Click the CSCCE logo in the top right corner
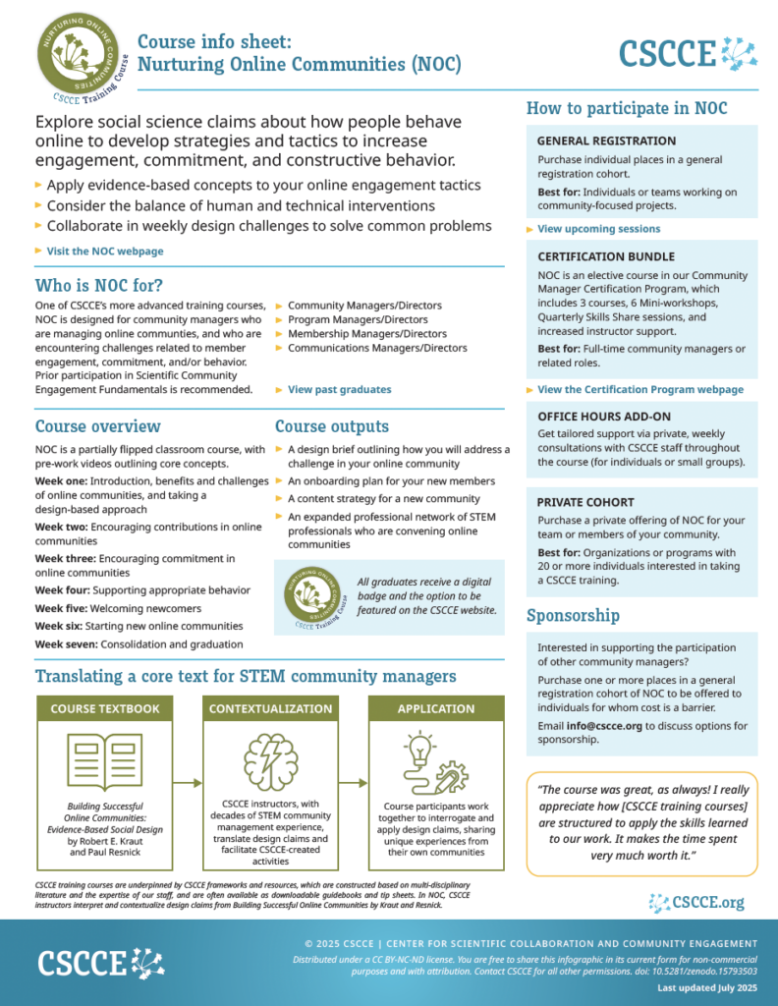point(689,52)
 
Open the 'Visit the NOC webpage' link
point(105,251)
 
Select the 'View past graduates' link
point(339,390)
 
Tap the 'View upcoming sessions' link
point(598,229)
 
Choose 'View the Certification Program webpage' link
point(640,390)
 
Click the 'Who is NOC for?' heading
point(99,286)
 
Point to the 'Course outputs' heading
point(331,426)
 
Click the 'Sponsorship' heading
point(573,616)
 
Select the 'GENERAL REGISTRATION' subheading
point(606,141)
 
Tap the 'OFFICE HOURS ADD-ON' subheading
point(604,417)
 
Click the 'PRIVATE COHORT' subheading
point(585,501)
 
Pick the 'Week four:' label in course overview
point(63,590)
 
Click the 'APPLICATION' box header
point(436,708)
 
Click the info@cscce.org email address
point(604,726)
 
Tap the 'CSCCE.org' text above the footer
point(707,902)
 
